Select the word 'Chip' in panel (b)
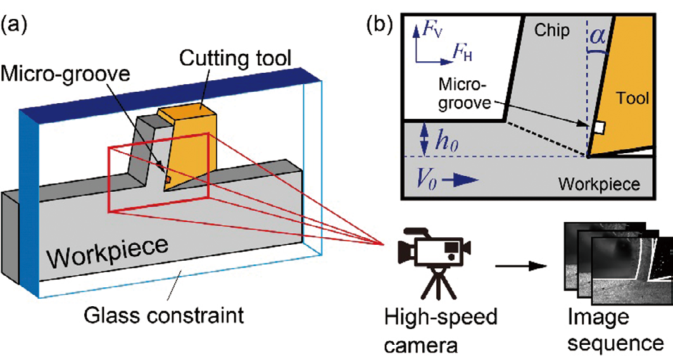[551, 30]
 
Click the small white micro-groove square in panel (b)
[600, 128]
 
